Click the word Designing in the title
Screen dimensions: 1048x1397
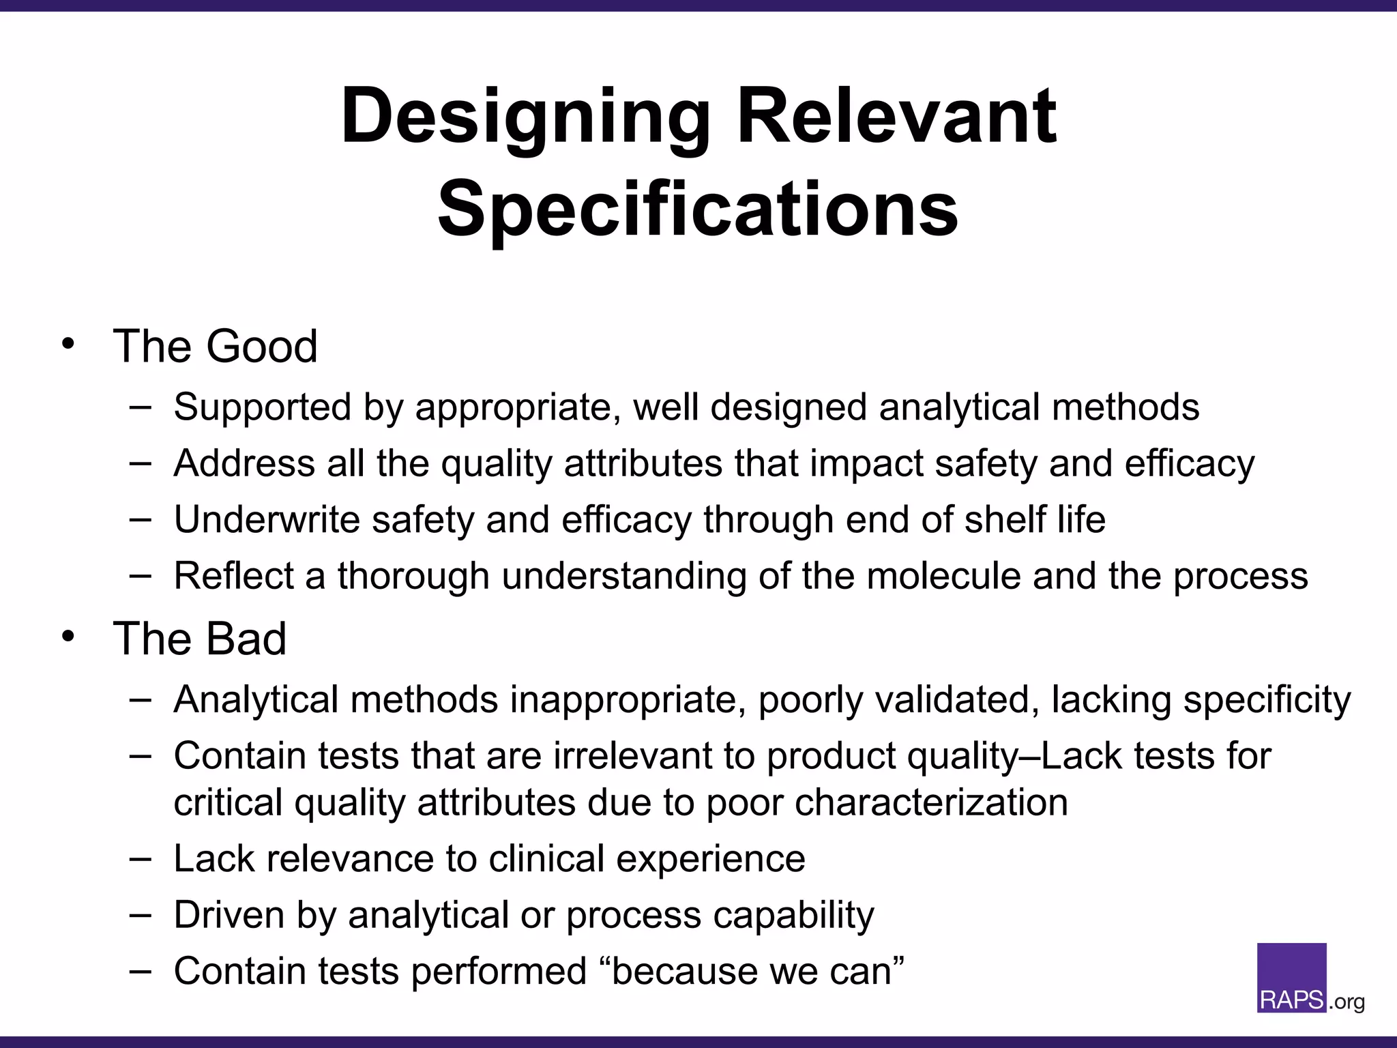point(525,117)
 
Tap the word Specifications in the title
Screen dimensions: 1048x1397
point(698,208)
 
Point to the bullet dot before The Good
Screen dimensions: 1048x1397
point(67,345)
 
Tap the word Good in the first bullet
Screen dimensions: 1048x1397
point(262,346)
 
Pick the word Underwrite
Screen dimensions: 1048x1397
point(267,519)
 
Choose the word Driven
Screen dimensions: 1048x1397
point(229,914)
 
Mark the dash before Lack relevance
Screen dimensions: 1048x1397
point(140,858)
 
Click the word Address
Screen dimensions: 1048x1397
point(244,463)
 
